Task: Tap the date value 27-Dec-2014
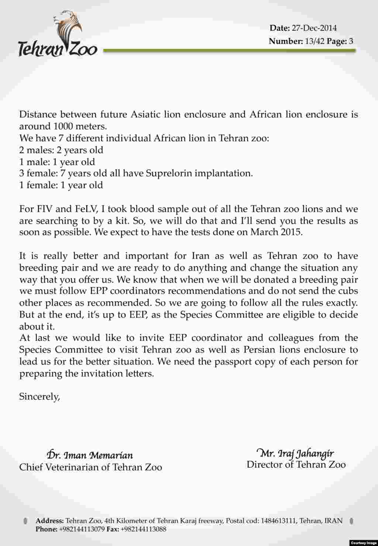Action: [314, 28]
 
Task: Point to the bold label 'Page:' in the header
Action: [337, 41]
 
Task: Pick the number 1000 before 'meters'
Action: [63, 126]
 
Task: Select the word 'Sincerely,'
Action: [39, 397]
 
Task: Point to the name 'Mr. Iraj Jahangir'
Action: [295, 453]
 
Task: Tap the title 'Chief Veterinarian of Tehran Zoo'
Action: [90, 467]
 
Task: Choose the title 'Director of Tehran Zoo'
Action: [296, 464]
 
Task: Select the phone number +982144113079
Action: [82, 529]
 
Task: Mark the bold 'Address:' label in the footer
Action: [50, 521]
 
